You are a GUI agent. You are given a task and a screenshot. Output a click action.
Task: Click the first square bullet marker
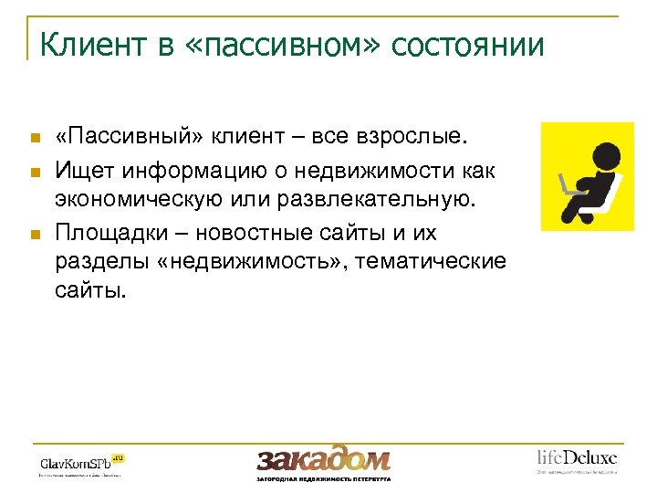point(35,139)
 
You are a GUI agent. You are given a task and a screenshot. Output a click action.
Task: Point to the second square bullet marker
point(35,171)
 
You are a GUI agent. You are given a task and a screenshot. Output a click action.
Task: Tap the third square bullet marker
point(35,235)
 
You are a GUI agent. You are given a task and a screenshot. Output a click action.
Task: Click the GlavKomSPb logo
point(80,461)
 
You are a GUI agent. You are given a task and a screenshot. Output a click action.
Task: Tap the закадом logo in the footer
point(323,460)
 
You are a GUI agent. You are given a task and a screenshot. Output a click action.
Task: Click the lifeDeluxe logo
point(576,458)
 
